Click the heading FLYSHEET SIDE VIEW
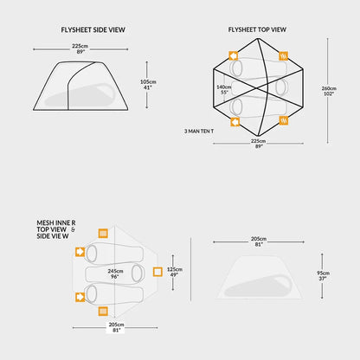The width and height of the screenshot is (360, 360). (x=93, y=29)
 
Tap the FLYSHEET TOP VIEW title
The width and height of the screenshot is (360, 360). (x=257, y=29)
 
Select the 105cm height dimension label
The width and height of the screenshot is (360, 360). (x=148, y=82)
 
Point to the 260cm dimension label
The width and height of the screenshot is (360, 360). (x=329, y=88)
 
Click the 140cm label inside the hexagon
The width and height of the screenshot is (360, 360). (x=224, y=87)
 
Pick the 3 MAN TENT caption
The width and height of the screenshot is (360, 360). (x=199, y=132)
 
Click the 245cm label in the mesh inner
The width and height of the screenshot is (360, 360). (x=115, y=271)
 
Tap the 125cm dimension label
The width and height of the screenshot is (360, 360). (x=175, y=269)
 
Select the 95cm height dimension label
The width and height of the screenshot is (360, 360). (x=323, y=273)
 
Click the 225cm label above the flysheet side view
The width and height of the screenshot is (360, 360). (x=80, y=46)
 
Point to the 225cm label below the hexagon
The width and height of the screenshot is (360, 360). (x=258, y=141)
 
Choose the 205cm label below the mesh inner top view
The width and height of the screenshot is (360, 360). (x=116, y=325)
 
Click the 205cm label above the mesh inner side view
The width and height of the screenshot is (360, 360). (x=259, y=239)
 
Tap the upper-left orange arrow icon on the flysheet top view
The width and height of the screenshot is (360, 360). (x=234, y=55)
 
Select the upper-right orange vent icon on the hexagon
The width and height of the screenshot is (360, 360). (x=284, y=55)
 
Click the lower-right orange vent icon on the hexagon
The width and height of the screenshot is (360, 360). (x=284, y=120)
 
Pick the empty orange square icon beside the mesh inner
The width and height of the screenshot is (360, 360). (x=157, y=272)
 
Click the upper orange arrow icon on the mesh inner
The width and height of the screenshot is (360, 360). (x=80, y=252)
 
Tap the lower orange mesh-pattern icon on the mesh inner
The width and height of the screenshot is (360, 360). (x=103, y=312)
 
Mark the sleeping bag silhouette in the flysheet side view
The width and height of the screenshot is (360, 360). (x=80, y=95)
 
